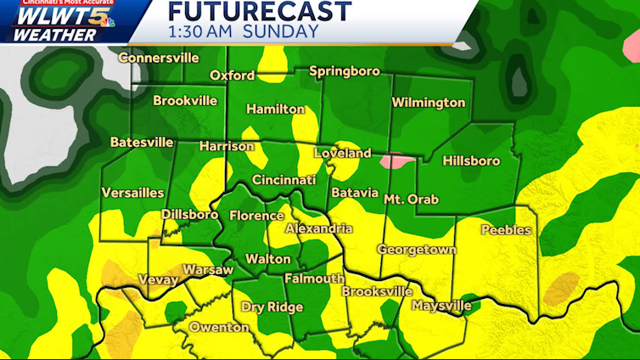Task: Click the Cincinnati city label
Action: (284, 180)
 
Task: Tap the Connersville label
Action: (159, 58)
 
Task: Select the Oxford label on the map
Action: (232, 76)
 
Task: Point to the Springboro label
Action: (344, 71)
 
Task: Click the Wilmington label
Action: (428, 103)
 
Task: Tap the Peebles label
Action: (505, 230)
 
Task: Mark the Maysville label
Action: (441, 305)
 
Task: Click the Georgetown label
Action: (417, 250)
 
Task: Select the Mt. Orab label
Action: (411, 199)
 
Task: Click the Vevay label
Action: (158, 279)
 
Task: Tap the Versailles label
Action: (132, 193)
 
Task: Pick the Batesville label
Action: (142, 142)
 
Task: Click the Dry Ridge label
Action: (272, 307)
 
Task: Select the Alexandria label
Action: (318, 229)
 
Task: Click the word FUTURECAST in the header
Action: (259, 12)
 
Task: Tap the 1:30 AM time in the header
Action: (200, 32)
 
